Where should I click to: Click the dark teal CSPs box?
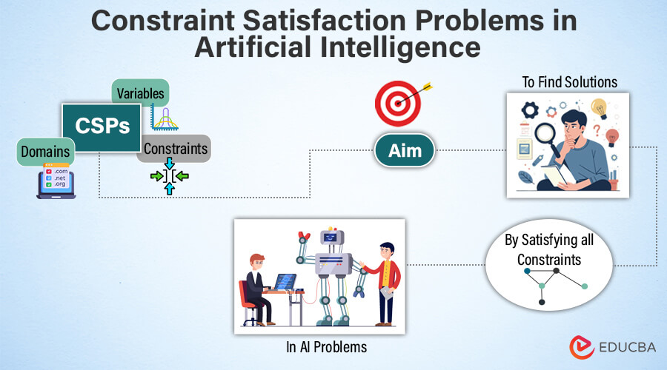pyautogui.click(x=102, y=127)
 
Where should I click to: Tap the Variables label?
pyautogui.click(x=140, y=93)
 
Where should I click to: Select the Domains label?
pyautogui.click(x=45, y=152)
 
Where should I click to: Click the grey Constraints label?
pyautogui.click(x=175, y=149)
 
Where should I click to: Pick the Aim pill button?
pyautogui.click(x=405, y=150)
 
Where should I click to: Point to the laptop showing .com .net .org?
pyautogui.click(x=56, y=181)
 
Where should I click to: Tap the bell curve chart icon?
pyautogui.click(x=165, y=118)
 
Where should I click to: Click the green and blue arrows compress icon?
pyautogui.click(x=169, y=176)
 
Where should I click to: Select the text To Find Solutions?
pyautogui.click(x=570, y=82)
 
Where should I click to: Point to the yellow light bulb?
pyautogui.click(x=600, y=108)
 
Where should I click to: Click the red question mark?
pyautogui.click(x=597, y=130)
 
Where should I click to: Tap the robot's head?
pyautogui.click(x=332, y=236)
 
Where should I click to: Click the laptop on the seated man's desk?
pyautogui.click(x=285, y=282)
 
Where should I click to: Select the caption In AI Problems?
pyautogui.click(x=326, y=347)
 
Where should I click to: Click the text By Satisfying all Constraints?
pyautogui.click(x=549, y=250)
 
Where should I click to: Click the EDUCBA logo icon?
pyautogui.click(x=582, y=347)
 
